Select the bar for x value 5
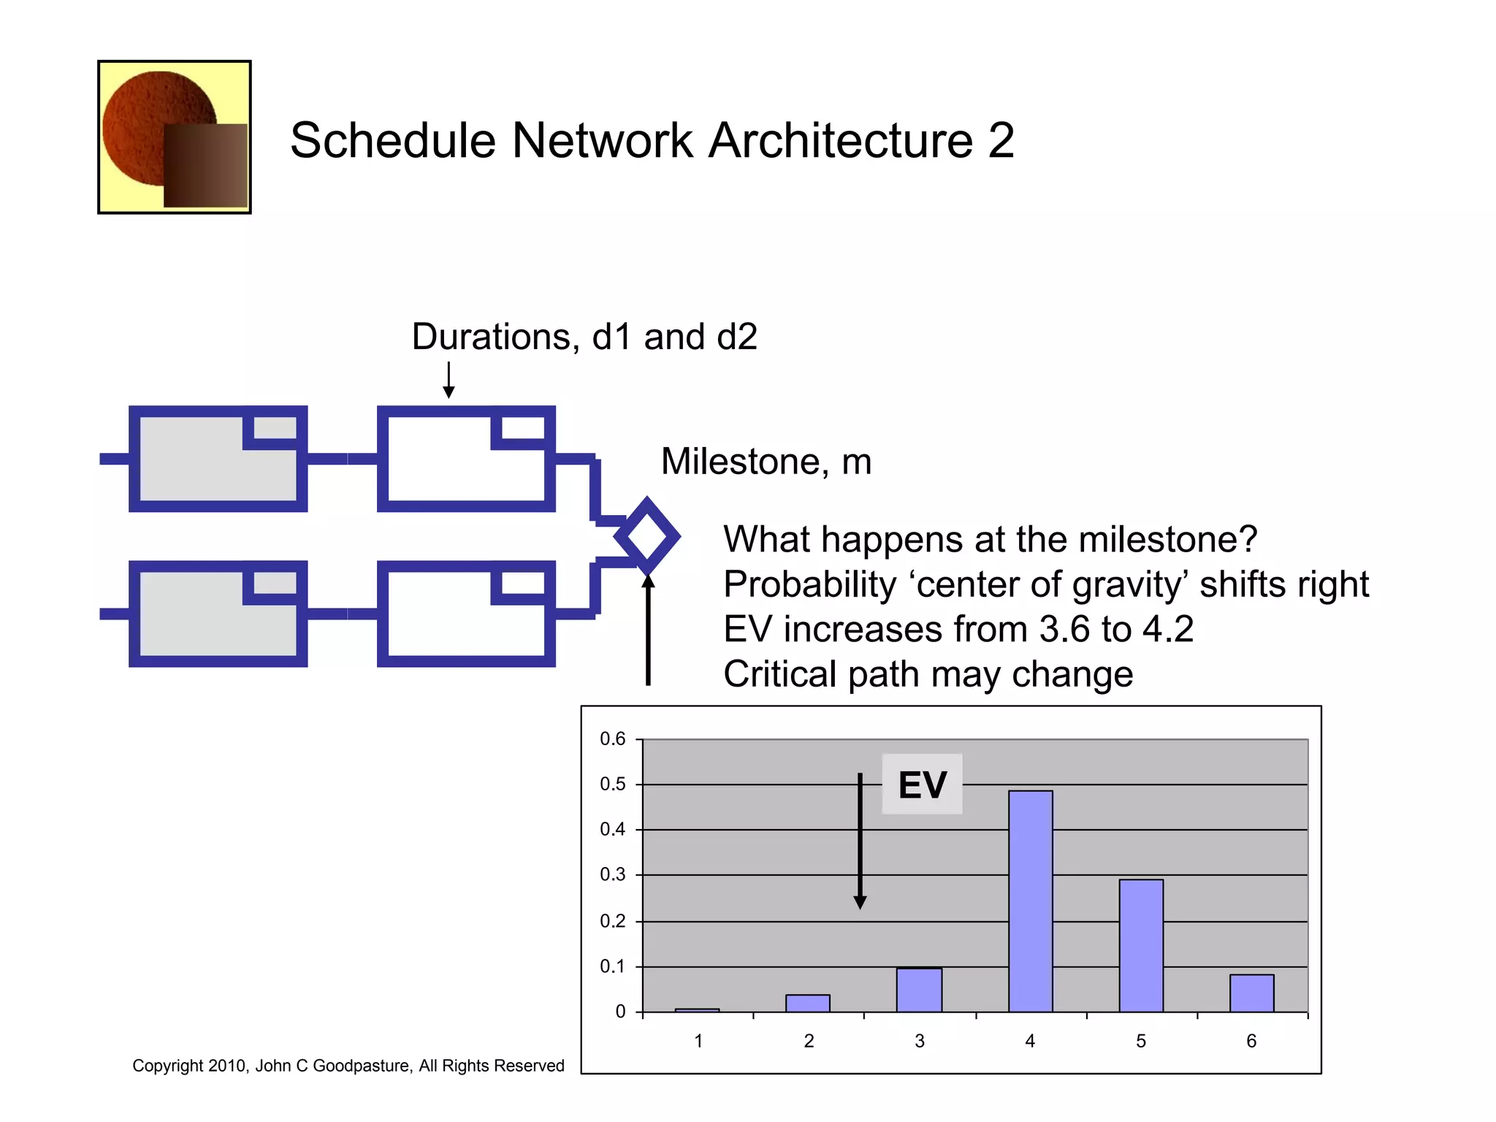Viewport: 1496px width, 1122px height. click(1141, 945)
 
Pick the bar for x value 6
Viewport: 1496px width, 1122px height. click(1251, 993)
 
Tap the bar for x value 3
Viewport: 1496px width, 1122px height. click(919, 990)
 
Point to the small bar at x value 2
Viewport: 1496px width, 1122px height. click(808, 1003)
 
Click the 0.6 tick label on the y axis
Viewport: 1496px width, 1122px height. click(612, 739)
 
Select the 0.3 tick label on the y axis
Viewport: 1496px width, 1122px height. click(612, 874)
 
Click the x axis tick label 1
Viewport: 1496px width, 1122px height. click(698, 1041)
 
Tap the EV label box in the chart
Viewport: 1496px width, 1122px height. click(922, 785)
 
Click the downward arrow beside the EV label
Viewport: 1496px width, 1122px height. click(860, 840)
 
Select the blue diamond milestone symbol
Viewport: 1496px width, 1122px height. click(647, 537)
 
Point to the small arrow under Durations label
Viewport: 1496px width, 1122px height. click(449, 380)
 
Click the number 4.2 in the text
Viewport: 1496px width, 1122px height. click(1168, 629)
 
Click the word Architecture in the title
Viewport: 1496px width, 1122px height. click(840, 140)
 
